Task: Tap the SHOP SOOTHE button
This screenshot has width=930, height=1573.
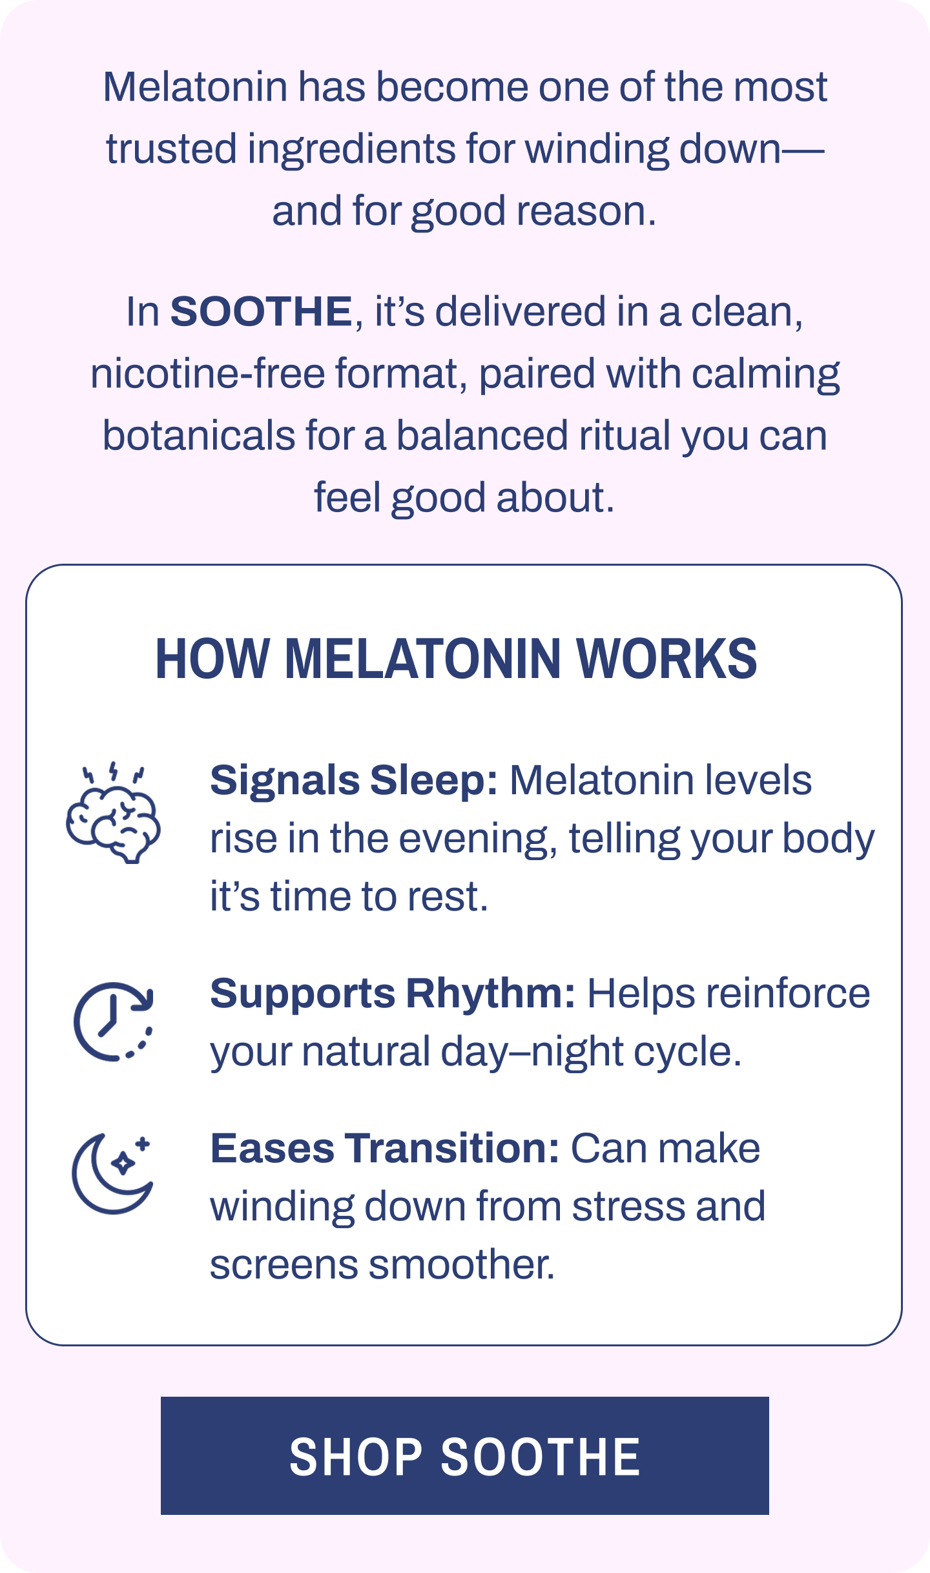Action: coord(464,1455)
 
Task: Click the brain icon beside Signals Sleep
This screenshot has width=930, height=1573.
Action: coord(114,814)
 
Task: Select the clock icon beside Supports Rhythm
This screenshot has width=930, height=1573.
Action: coord(114,1021)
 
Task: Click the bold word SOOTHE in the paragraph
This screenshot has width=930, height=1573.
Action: coord(261,312)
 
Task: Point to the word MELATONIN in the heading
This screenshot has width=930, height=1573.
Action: coord(422,659)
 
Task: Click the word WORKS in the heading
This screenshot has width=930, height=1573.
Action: coord(666,659)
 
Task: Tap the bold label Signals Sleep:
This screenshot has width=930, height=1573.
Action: coord(354,780)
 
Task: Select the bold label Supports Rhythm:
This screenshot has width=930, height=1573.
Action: coord(393,993)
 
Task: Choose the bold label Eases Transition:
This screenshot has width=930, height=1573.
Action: coord(385,1148)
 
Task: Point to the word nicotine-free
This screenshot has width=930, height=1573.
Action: coord(207,374)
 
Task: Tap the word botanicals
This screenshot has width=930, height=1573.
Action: coord(199,436)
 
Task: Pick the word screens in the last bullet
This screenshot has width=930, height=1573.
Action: coord(284,1264)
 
